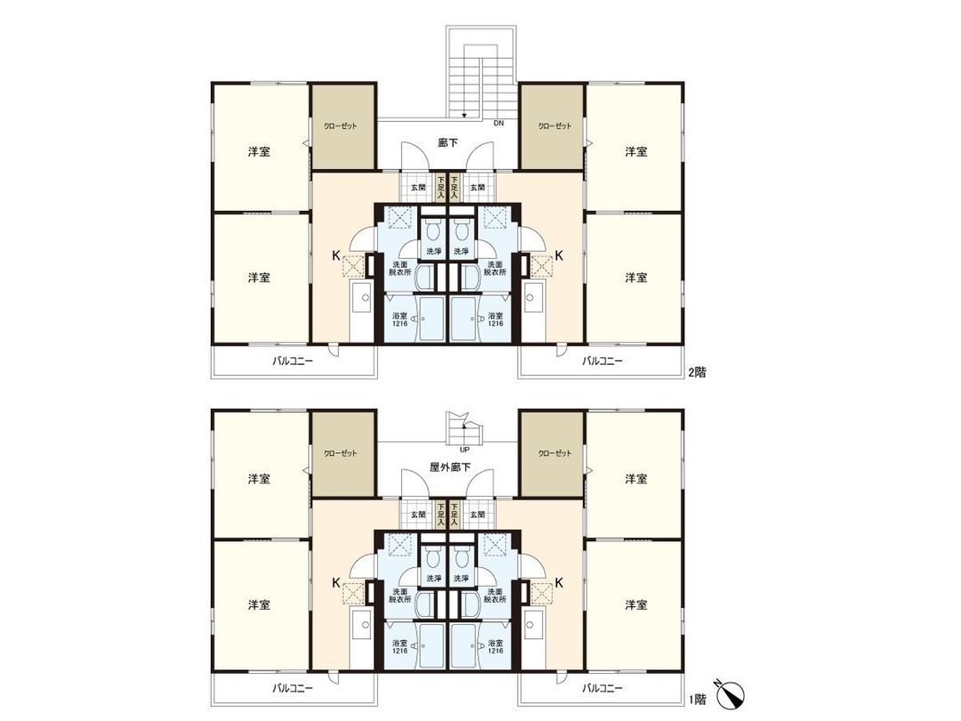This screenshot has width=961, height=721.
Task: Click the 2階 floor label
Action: pyautogui.click(x=697, y=374)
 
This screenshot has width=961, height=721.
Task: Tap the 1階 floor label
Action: pyautogui.click(x=697, y=700)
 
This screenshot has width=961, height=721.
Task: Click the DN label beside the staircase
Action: pyautogui.click(x=498, y=124)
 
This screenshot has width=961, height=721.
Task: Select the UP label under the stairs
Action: pyautogui.click(x=464, y=450)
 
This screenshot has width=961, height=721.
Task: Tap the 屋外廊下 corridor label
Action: pyautogui.click(x=448, y=468)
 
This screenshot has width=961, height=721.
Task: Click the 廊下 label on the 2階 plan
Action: pyautogui.click(x=448, y=142)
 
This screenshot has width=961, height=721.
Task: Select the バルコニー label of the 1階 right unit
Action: pyautogui.click(x=602, y=687)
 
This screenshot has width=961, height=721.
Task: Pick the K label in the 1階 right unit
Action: pyautogui.click(x=560, y=582)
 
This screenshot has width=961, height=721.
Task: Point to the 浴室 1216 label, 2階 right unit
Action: pyautogui.click(x=495, y=320)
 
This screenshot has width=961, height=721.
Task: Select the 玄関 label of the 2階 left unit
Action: pyautogui.click(x=418, y=188)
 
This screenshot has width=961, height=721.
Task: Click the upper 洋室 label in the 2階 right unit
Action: pyautogui.click(x=635, y=152)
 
